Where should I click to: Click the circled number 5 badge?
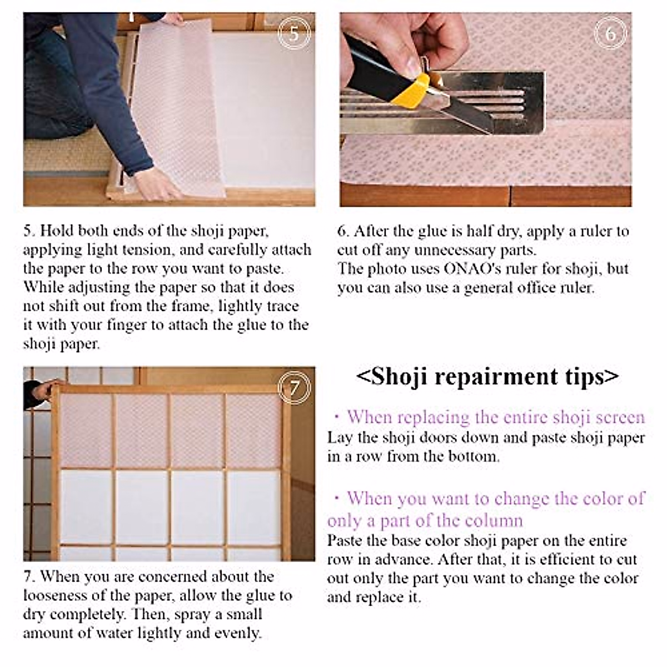pyautogui.click(x=293, y=34)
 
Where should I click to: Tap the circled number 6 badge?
pyautogui.click(x=610, y=34)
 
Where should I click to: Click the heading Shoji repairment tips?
pyautogui.click(x=487, y=376)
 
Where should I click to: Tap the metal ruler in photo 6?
pyautogui.click(x=500, y=103)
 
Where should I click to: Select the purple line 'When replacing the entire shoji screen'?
pyautogui.click(x=495, y=417)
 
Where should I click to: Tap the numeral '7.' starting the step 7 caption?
pyautogui.click(x=29, y=576)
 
